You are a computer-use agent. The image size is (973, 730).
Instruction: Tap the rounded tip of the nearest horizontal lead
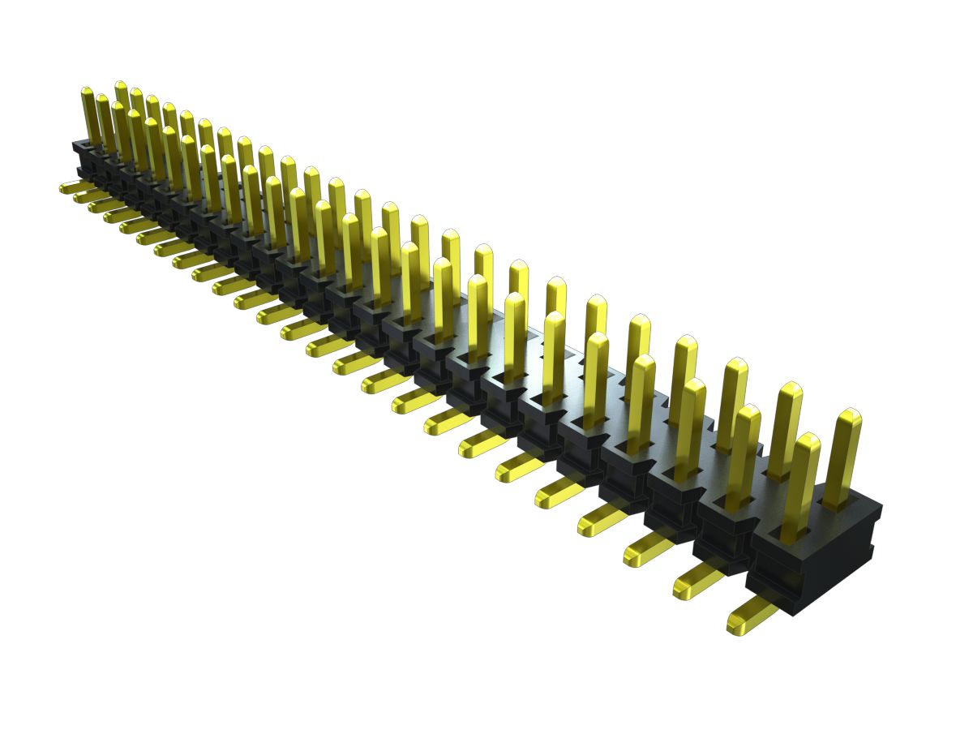pyautogui.click(x=735, y=623)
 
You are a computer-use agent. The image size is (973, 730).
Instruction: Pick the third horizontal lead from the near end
pyautogui.click(x=648, y=548)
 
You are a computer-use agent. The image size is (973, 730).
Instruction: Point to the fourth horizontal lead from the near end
pyautogui.click(x=604, y=517)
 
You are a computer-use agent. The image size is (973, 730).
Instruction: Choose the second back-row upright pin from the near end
pyautogui.click(x=785, y=430)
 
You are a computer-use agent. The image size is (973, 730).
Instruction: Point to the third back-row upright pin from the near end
pyautogui.click(x=733, y=402)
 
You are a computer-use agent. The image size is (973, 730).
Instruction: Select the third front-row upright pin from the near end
pyautogui.click(x=692, y=426)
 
